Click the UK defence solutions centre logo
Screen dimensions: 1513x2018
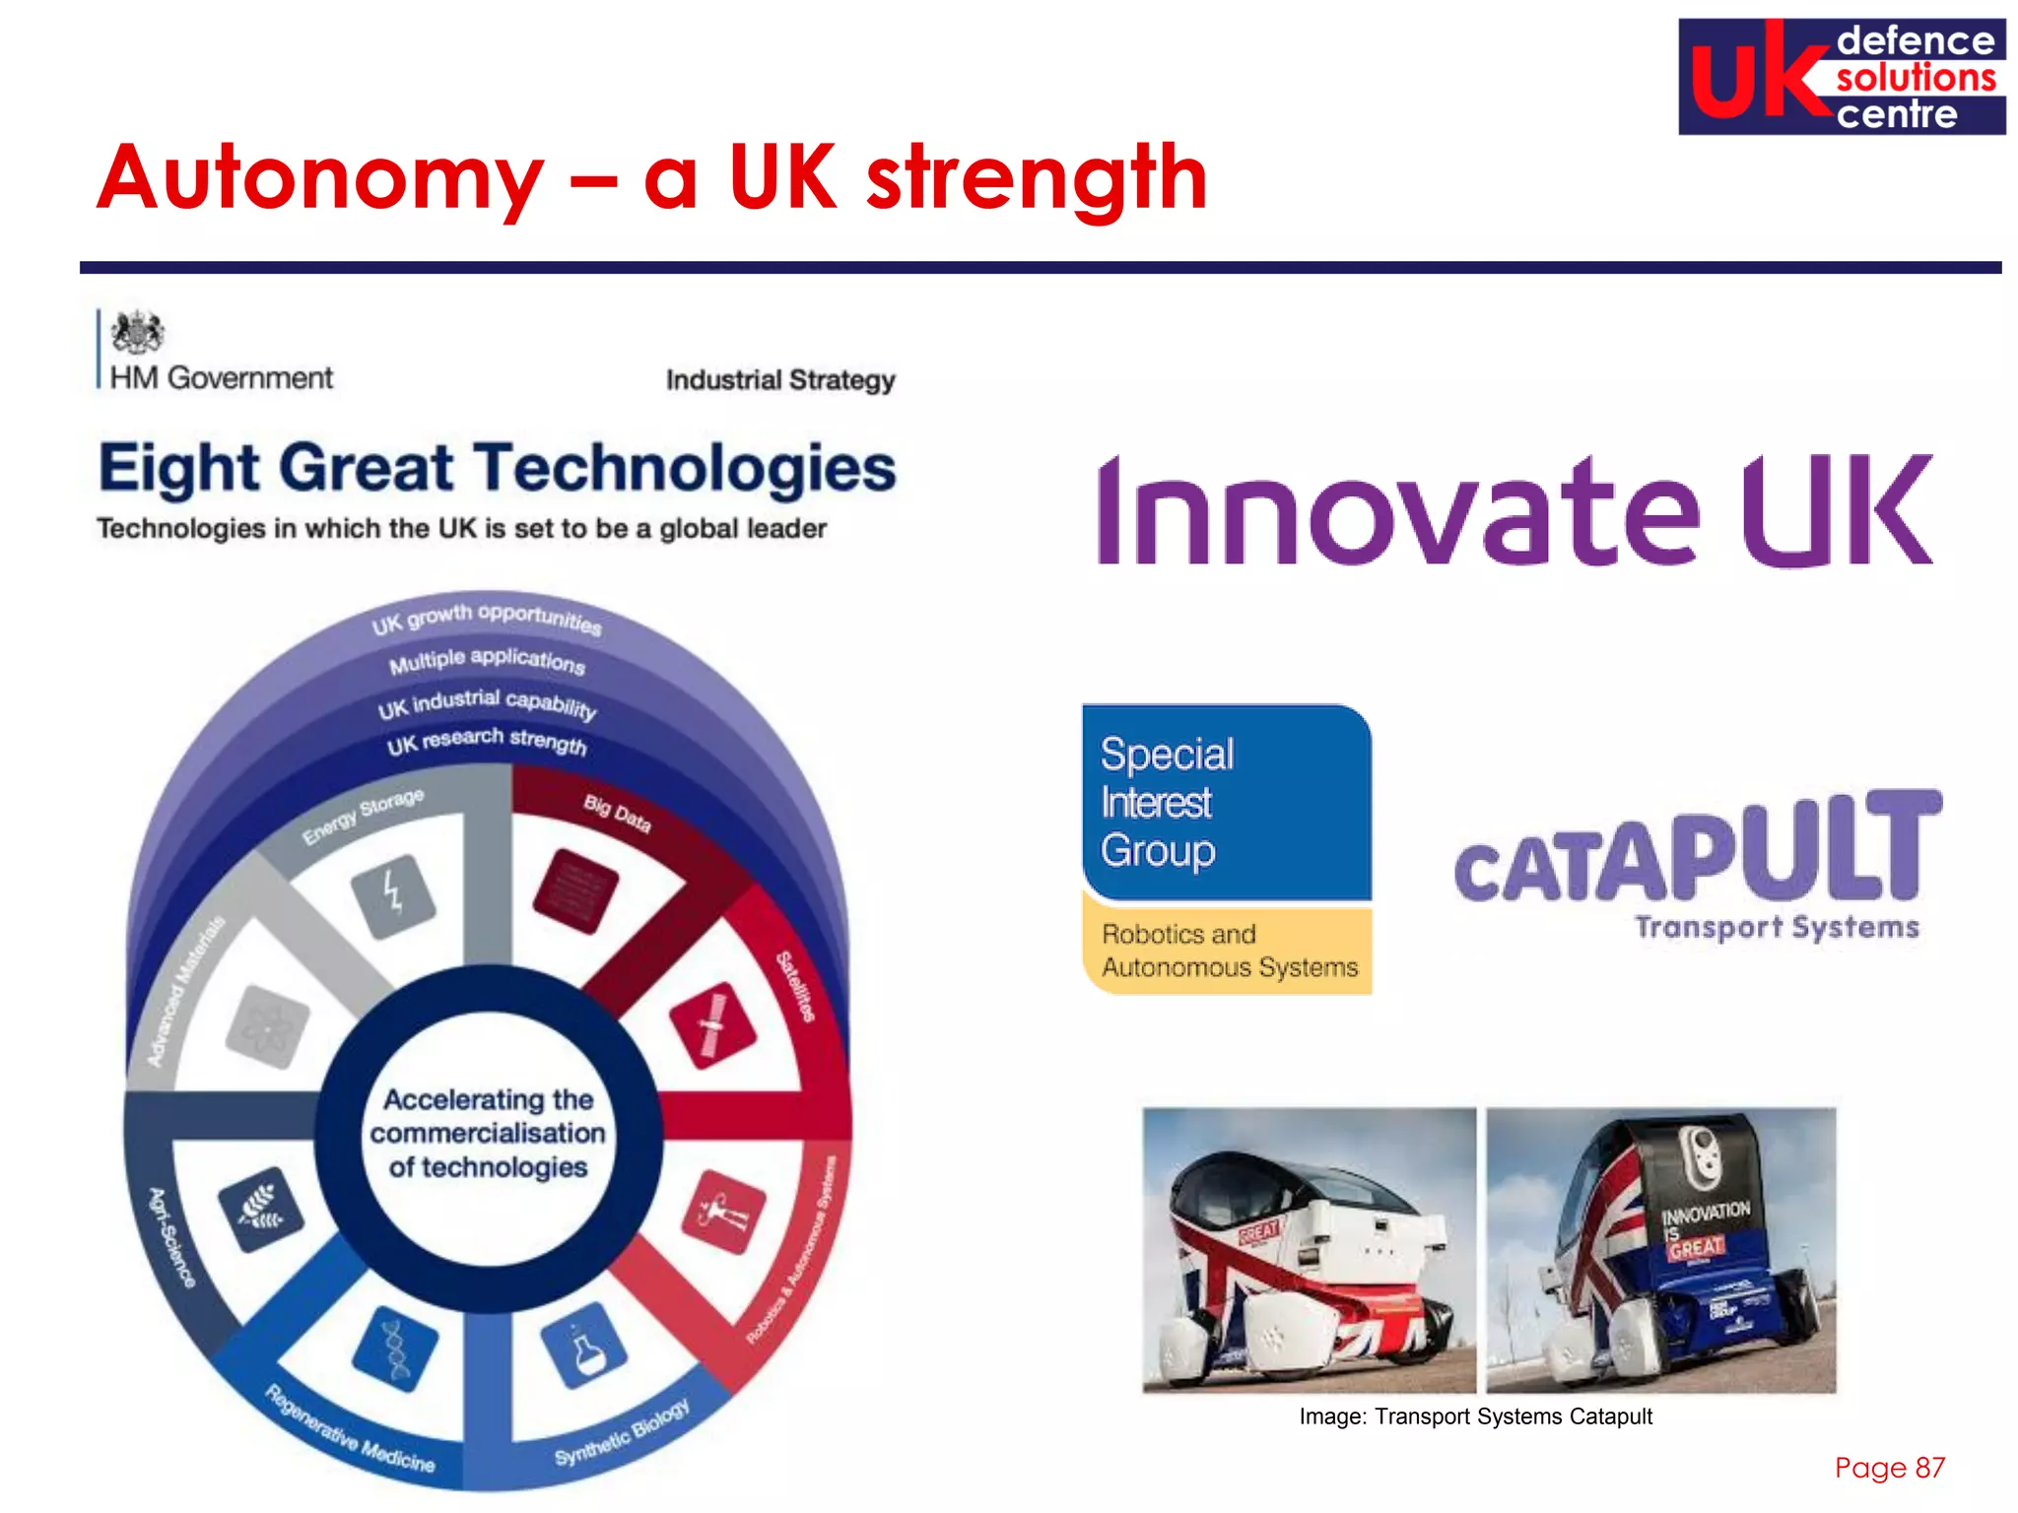(x=1841, y=77)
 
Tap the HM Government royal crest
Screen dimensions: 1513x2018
(x=137, y=333)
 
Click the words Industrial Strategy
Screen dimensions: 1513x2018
(x=780, y=380)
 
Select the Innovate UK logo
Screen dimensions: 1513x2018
(x=1515, y=511)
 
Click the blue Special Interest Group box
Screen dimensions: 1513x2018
(x=1226, y=802)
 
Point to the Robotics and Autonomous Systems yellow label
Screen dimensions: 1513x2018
(x=1228, y=951)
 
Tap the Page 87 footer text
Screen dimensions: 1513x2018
(x=1889, y=1468)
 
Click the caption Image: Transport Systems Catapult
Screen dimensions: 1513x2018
(x=1475, y=1416)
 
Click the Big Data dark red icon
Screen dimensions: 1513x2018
(x=575, y=891)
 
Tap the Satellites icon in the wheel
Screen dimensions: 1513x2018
(x=712, y=1024)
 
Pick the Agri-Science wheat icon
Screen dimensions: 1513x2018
(x=260, y=1210)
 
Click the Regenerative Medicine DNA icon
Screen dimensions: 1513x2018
(x=396, y=1349)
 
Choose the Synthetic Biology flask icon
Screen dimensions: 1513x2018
(x=584, y=1345)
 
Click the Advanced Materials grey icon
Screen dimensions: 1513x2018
(x=267, y=1026)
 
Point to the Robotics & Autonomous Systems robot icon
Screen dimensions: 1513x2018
(x=723, y=1212)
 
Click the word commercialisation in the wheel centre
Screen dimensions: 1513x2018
(x=488, y=1133)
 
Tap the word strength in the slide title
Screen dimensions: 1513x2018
(x=1037, y=179)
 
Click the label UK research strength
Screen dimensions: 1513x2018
(x=487, y=741)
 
